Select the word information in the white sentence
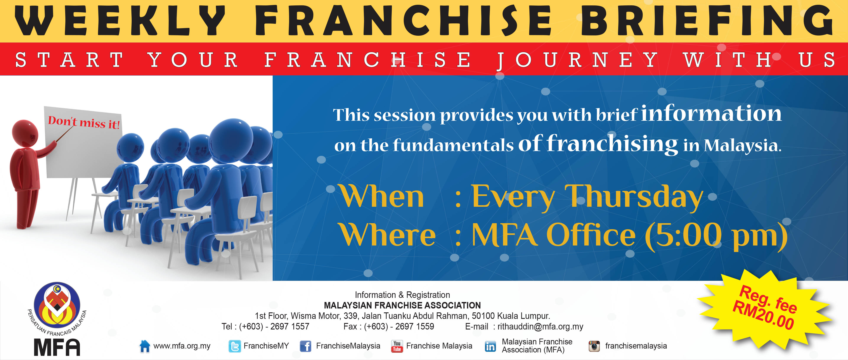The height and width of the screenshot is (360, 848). [x=711, y=113]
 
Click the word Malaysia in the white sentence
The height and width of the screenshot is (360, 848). [x=742, y=146]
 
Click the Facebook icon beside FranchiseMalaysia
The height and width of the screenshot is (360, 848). [x=306, y=346]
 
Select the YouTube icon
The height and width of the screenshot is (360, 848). [x=397, y=346]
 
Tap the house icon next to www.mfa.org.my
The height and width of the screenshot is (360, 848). [x=144, y=346]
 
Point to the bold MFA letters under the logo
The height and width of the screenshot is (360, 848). [x=57, y=347]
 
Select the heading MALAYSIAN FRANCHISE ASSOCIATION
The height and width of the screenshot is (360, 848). [x=402, y=305]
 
